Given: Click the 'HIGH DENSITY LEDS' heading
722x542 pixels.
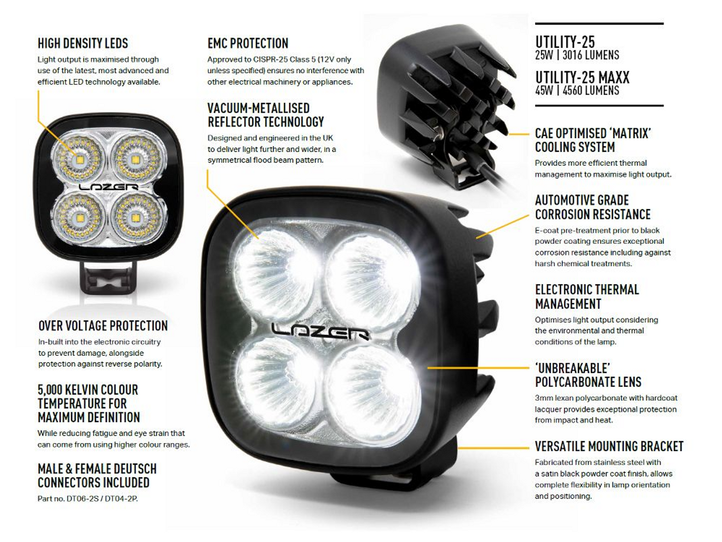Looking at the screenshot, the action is pyautogui.click(x=83, y=43).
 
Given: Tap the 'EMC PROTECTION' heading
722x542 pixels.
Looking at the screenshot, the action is pyautogui.click(x=248, y=43).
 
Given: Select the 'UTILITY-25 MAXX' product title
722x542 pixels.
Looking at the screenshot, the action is pyautogui.click(x=582, y=77).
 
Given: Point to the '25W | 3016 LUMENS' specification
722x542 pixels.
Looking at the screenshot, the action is pyautogui.click(x=577, y=55).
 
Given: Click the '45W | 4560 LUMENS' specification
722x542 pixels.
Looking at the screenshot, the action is pyautogui.click(x=577, y=90).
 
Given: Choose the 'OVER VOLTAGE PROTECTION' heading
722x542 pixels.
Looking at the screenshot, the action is pyautogui.click(x=103, y=326).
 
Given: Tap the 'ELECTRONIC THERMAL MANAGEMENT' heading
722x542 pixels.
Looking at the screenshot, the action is pyautogui.click(x=587, y=297).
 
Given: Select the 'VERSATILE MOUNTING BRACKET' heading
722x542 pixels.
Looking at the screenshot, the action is pyautogui.click(x=609, y=446).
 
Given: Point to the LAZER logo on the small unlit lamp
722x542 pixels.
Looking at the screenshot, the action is pyautogui.click(x=108, y=187).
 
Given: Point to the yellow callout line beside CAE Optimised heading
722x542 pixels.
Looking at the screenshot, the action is pyautogui.click(x=519, y=134).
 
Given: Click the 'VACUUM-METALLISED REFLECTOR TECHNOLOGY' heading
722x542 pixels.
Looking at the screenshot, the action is pyautogui.click(x=265, y=115).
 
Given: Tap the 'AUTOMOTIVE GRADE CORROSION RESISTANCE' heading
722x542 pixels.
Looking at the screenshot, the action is pyautogui.click(x=593, y=207).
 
